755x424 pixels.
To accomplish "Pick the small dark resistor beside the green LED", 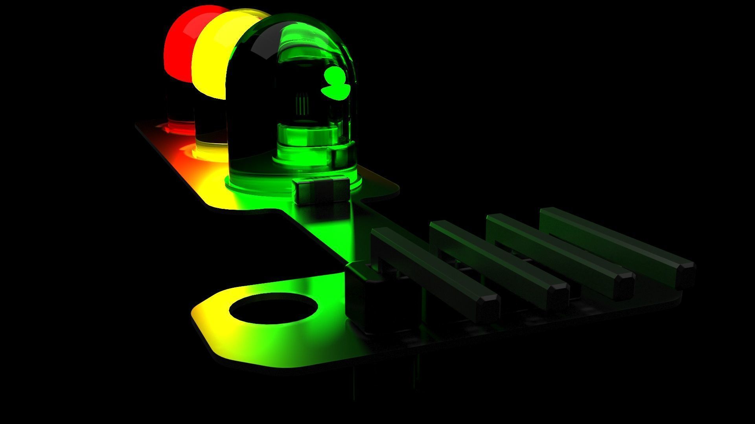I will click(321, 190).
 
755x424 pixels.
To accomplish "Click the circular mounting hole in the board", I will click(273, 308).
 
